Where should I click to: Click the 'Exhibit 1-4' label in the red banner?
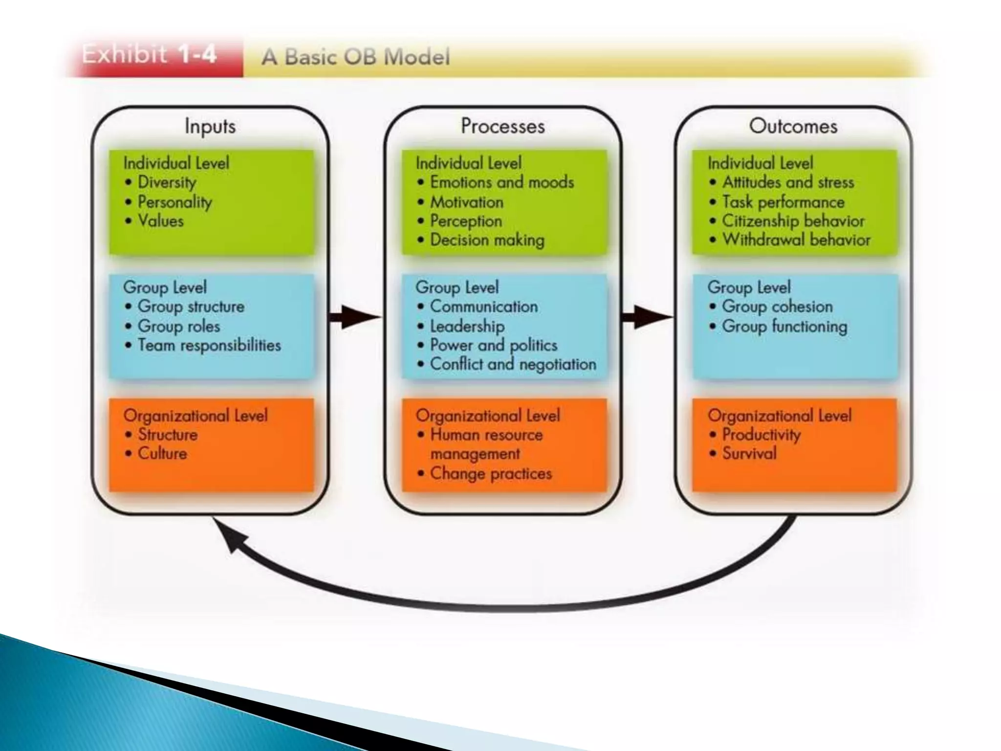[149, 54]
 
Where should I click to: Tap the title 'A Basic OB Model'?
[355, 57]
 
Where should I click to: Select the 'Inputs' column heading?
[210, 126]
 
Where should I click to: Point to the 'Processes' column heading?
[502, 126]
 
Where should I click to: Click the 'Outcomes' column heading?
[793, 126]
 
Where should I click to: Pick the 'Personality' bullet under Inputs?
[174, 202]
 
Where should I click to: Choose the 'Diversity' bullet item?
[167, 182]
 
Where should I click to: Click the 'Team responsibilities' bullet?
[209, 345]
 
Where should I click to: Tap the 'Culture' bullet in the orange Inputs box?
[162, 454]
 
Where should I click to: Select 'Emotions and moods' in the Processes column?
[501, 182]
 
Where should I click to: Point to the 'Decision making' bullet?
[487, 240]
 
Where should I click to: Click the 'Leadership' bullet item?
[467, 326]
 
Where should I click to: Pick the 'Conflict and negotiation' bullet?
[513, 364]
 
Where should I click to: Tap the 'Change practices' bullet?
[491, 473]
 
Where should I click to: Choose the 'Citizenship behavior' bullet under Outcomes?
[793, 221]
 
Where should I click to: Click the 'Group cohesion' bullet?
[777, 307]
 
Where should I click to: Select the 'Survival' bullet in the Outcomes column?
[749, 454]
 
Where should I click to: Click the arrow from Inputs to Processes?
[355, 317]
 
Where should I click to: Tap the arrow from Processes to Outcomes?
[647, 317]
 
